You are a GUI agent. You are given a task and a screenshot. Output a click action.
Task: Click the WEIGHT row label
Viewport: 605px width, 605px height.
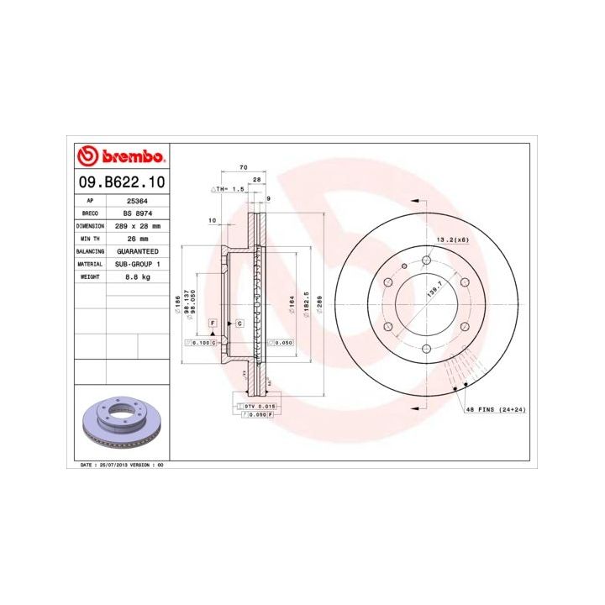coord(90,276)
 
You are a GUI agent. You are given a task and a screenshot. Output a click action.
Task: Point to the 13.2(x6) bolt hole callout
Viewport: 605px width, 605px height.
coord(450,239)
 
